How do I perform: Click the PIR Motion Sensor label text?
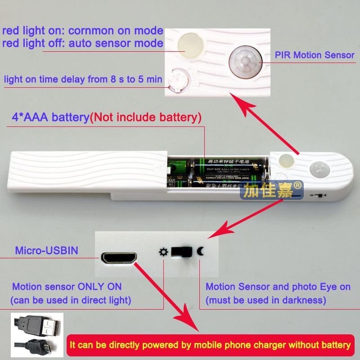(315, 55)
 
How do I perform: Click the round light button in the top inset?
(189, 45)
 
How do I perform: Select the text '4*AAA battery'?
(50, 118)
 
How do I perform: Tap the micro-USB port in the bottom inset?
(118, 258)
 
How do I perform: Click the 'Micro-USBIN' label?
(46, 251)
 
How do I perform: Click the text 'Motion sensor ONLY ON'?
(67, 287)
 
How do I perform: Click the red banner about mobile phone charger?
(210, 346)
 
